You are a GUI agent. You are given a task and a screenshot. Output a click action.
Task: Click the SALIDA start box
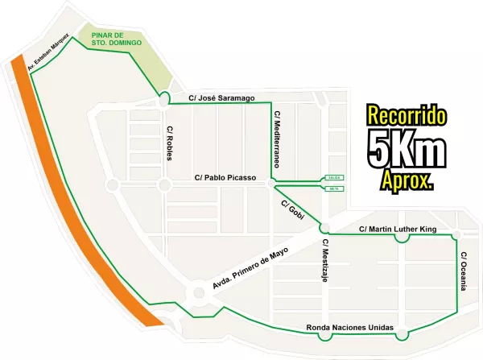pos(334,177)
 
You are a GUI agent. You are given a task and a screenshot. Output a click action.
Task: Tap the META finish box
pos(334,188)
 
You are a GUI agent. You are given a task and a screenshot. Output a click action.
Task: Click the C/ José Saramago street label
pos(221,98)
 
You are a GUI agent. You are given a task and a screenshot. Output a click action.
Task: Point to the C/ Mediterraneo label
pos(277,139)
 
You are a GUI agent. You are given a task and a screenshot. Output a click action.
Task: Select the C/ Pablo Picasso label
pos(225,177)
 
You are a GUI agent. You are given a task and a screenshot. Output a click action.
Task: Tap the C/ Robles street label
pos(170,143)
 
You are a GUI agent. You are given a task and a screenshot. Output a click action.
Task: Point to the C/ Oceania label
pos(463,271)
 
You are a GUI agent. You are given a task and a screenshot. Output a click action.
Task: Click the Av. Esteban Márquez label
pos(47,53)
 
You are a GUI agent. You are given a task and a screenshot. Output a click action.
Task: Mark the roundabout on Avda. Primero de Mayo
pos(196,293)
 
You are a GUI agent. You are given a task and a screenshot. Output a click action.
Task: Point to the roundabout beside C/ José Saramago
pos(164,98)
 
